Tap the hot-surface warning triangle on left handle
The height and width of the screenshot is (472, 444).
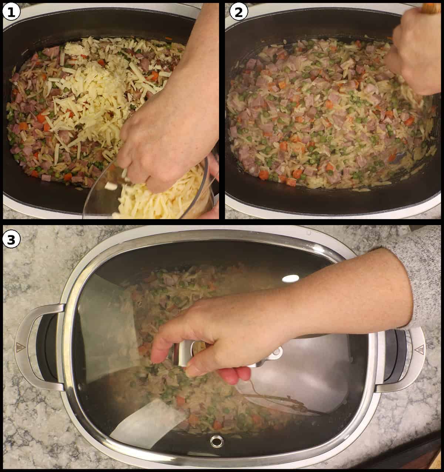[19, 347]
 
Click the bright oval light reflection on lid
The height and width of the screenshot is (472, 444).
[290, 278]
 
